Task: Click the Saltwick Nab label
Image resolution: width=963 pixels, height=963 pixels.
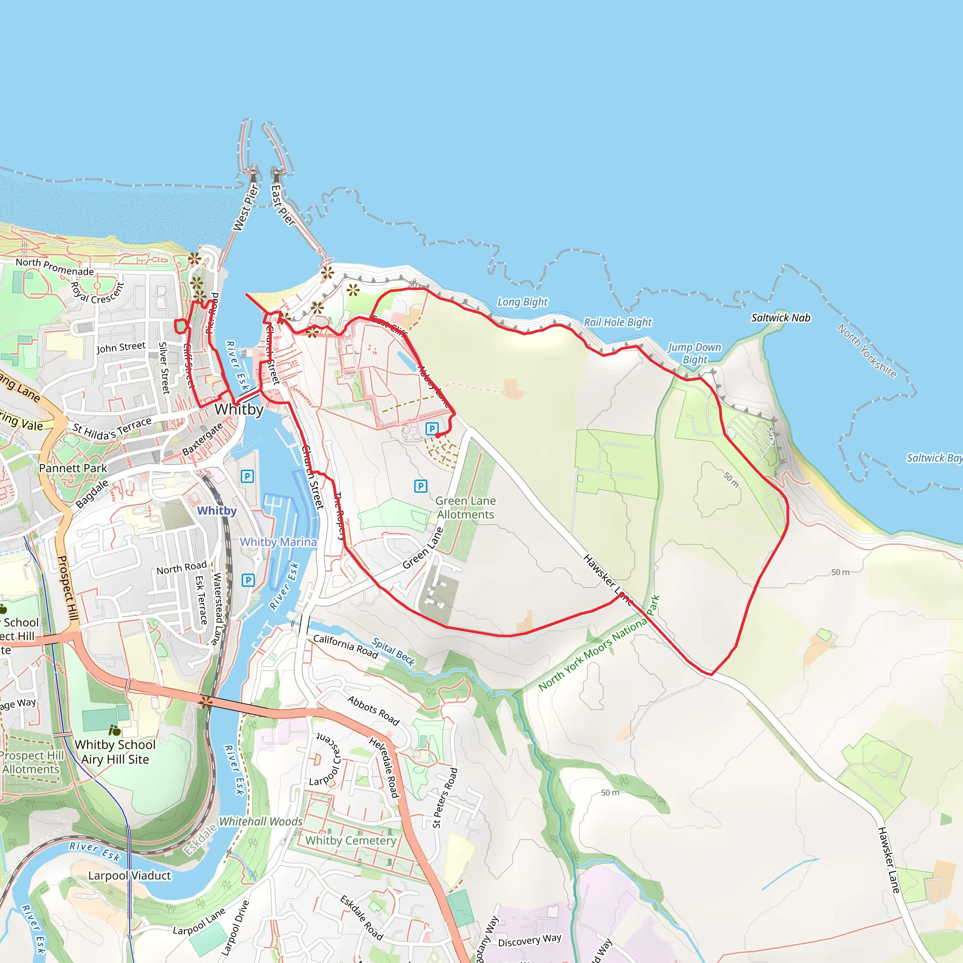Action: tap(781, 318)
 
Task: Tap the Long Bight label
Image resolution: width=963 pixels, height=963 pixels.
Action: tap(522, 302)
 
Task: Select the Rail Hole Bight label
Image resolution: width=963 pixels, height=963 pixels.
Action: tap(617, 323)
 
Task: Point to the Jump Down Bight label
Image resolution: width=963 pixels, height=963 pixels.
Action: tap(695, 354)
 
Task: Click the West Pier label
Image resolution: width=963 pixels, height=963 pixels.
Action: tap(245, 208)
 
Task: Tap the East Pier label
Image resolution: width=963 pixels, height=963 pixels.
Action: tap(283, 205)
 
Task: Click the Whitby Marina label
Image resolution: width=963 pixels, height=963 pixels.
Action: tap(278, 542)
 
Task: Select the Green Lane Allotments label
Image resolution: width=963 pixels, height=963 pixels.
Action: tap(466, 507)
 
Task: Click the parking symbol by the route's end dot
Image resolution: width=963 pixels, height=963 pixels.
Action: tap(432, 429)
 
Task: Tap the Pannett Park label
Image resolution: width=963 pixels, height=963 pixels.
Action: tap(73, 468)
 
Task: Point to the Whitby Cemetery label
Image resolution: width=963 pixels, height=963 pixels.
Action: tap(350, 841)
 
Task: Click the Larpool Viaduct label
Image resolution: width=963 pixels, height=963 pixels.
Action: tap(129, 876)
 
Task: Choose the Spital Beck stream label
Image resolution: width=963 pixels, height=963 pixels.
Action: tap(393, 652)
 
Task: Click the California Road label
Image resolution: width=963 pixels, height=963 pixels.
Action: tap(346, 646)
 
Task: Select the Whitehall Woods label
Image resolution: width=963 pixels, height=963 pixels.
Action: tap(260, 821)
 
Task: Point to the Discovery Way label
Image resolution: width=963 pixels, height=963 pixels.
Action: tap(529, 940)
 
